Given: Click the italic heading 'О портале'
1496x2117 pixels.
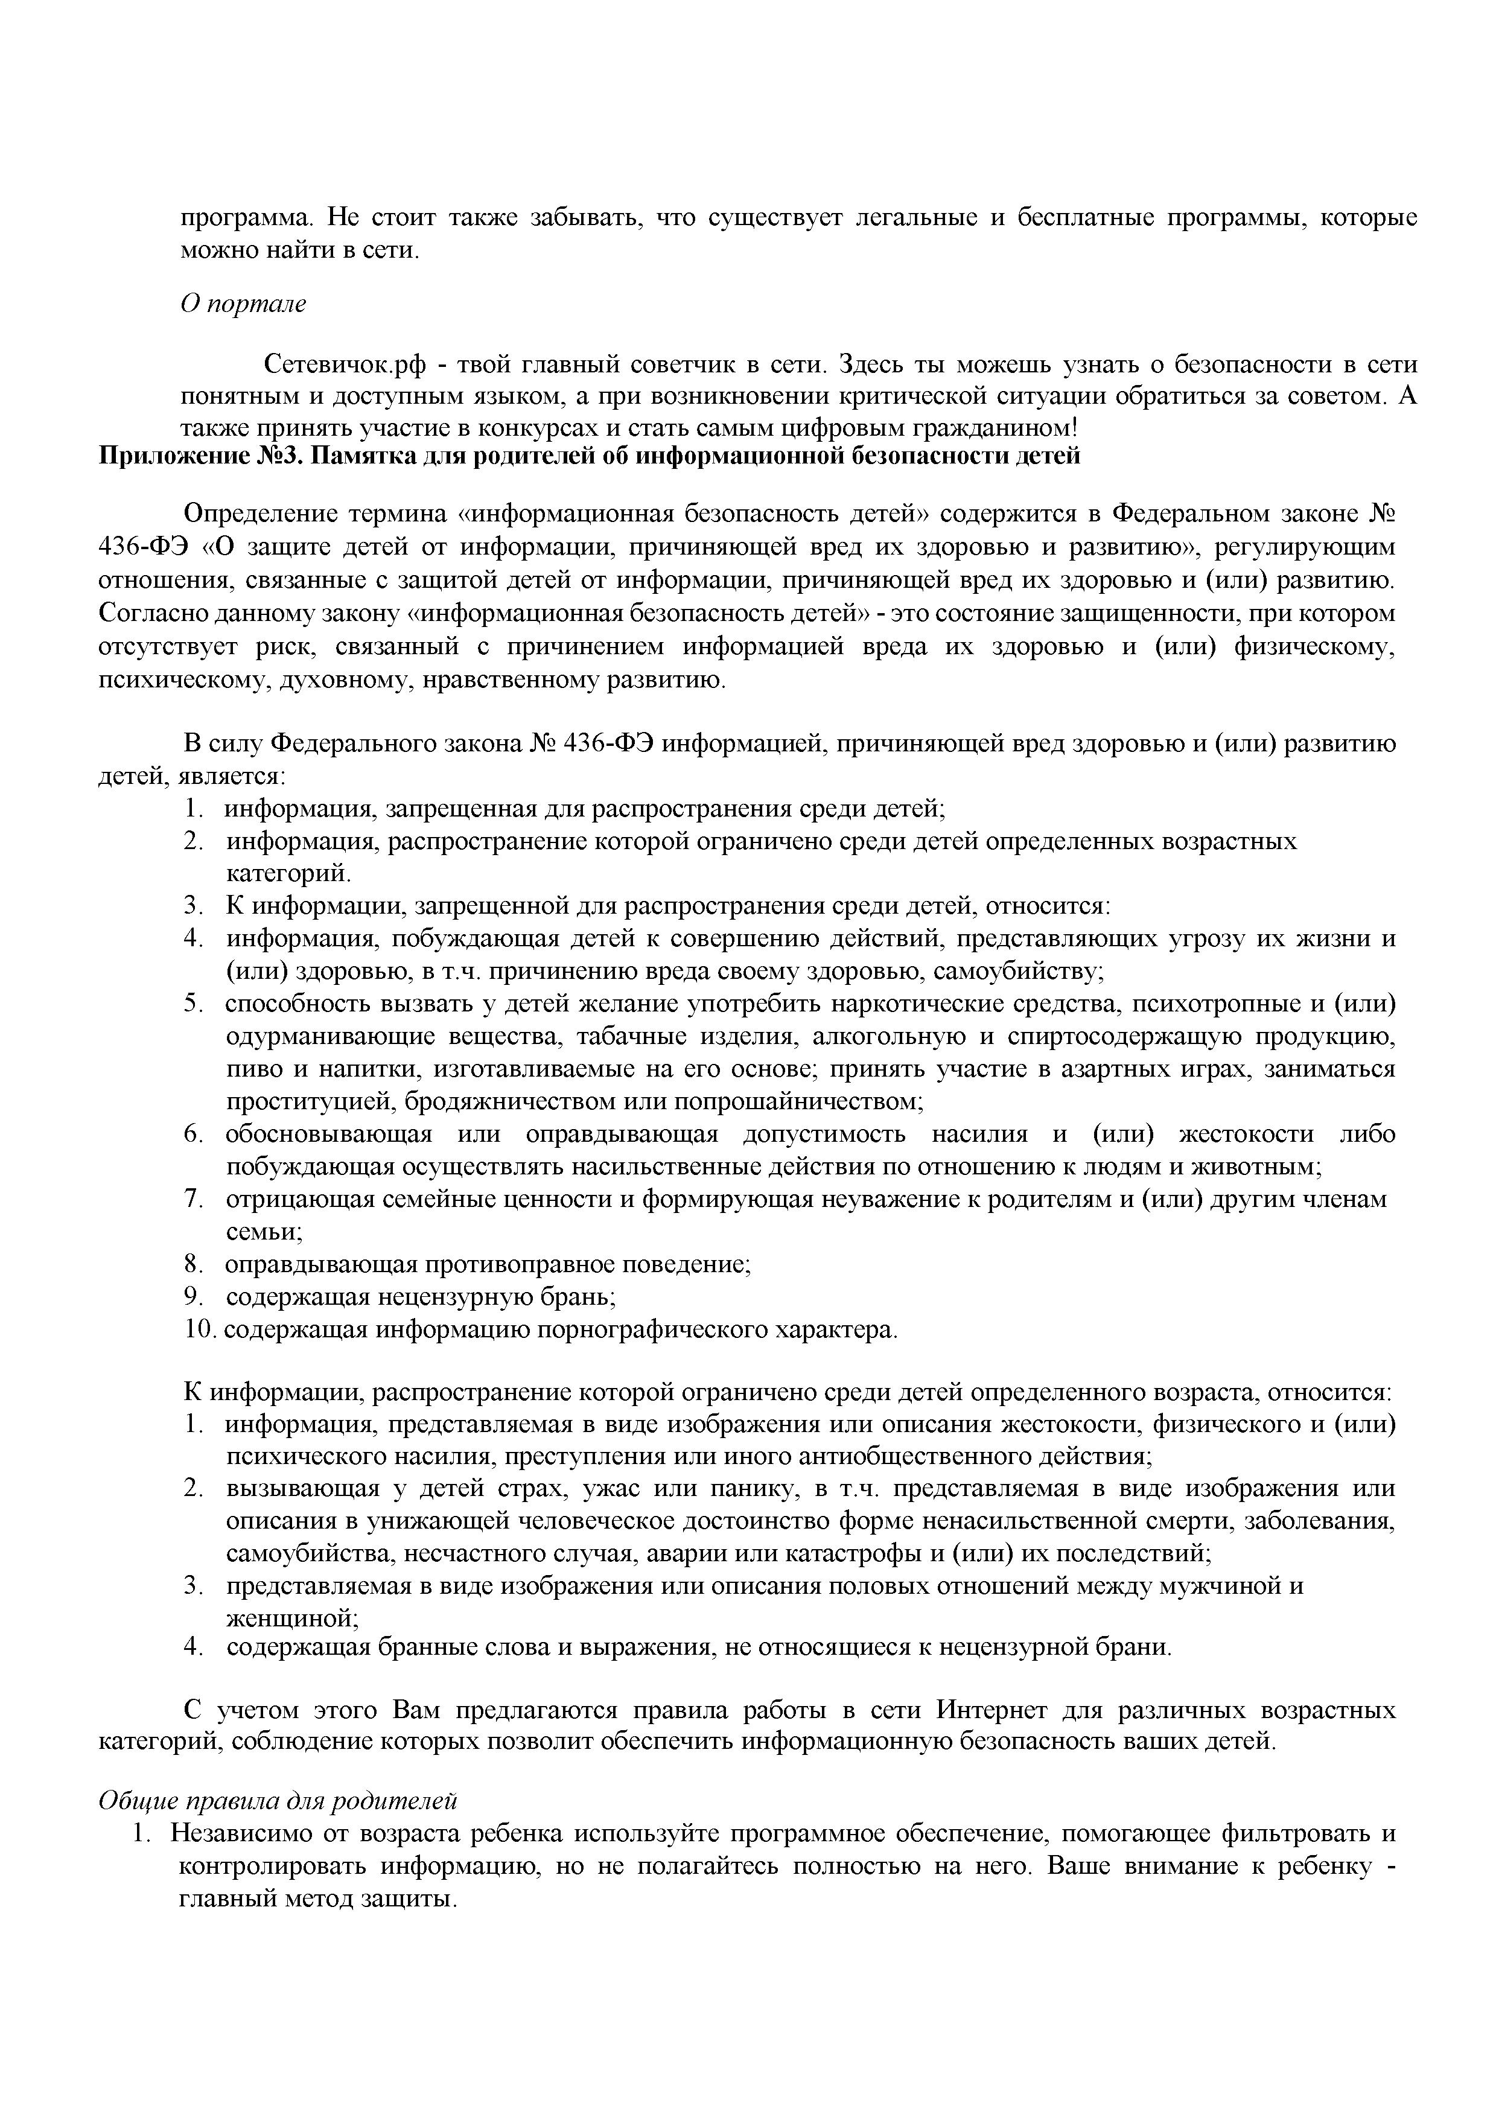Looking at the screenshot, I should [x=243, y=304].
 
